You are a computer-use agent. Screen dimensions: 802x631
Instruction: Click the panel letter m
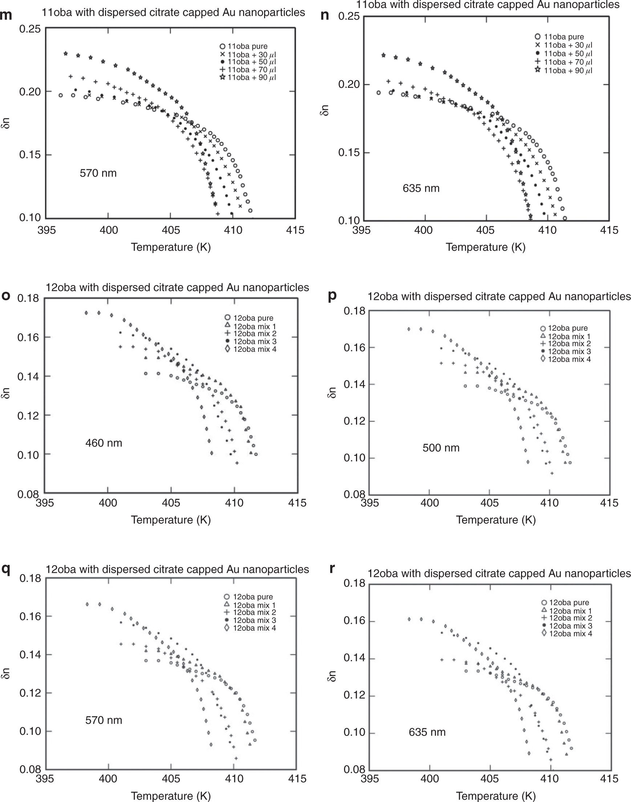pos(6,16)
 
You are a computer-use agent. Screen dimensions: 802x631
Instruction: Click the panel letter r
pos(332,569)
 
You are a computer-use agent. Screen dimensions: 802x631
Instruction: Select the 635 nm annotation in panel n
pos(421,188)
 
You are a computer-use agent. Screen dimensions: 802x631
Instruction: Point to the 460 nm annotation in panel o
pos(104,443)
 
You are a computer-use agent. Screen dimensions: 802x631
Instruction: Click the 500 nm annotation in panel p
pos(441,448)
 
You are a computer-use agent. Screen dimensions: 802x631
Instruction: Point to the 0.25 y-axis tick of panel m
pos(30,29)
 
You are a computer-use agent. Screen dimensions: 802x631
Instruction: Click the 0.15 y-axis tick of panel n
pos(349,152)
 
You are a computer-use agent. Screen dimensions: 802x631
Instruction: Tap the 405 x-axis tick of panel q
pos(171,778)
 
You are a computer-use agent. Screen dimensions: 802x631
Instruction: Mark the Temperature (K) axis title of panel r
pos(496,796)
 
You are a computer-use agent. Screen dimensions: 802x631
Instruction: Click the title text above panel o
pos(177,287)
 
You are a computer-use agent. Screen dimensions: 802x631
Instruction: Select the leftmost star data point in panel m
pos(66,53)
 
